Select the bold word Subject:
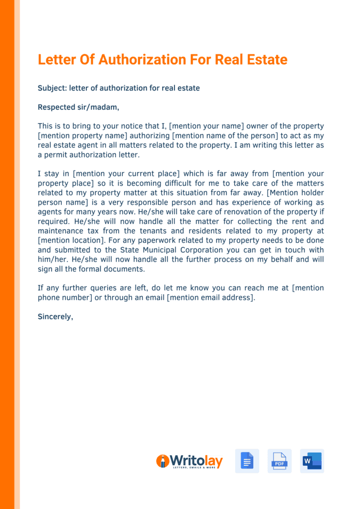coord(52,88)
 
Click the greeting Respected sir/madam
coord(78,107)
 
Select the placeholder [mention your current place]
coord(126,174)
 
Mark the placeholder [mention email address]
coord(211,297)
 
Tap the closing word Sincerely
coord(55,317)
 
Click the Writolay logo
coord(189,461)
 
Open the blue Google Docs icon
coord(247,461)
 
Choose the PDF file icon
coord(279,461)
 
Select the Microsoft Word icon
coord(312,461)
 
